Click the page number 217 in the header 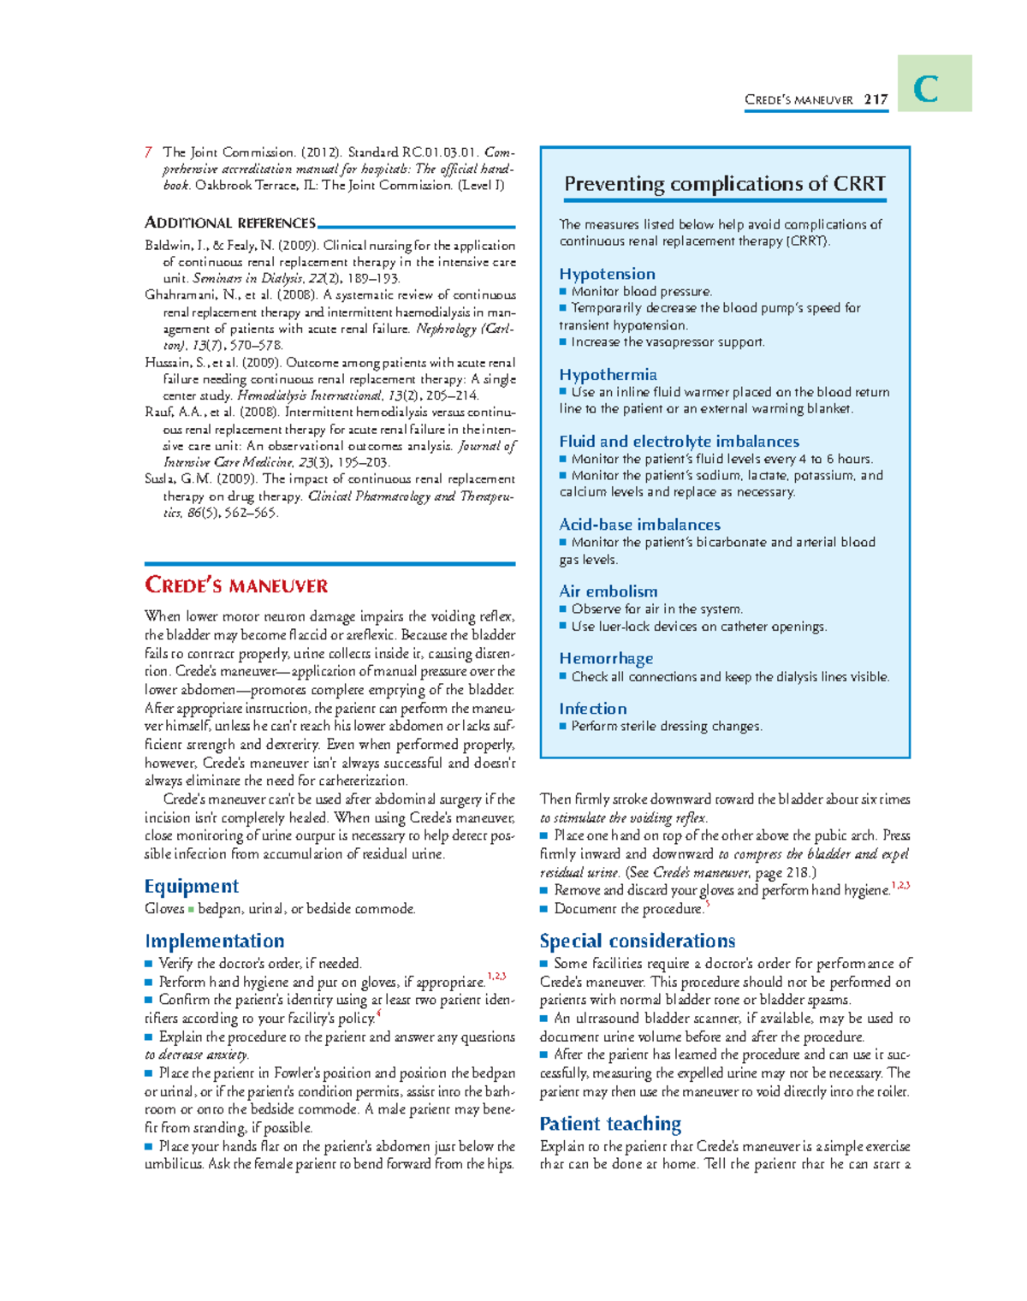(876, 99)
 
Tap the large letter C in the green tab (926, 89)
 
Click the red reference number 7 (149, 152)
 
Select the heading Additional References (230, 223)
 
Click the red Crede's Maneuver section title (236, 585)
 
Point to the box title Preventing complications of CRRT (724, 184)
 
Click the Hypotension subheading (607, 274)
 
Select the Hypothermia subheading (608, 375)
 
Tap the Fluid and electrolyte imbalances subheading (679, 442)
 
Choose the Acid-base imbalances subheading (639, 525)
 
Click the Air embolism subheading (608, 591)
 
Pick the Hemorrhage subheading (606, 658)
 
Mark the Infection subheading (592, 709)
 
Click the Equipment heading (192, 886)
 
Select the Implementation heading (214, 941)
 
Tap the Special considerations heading (637, 941)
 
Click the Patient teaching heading (610, 1124)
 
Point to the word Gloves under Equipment (164, 909)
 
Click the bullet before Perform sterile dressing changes (563, 727)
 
